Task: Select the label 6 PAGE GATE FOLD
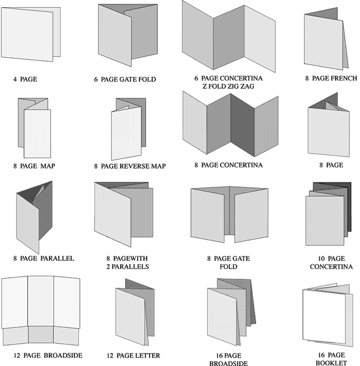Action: coord(125,80)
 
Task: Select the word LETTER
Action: coord(147,355)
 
